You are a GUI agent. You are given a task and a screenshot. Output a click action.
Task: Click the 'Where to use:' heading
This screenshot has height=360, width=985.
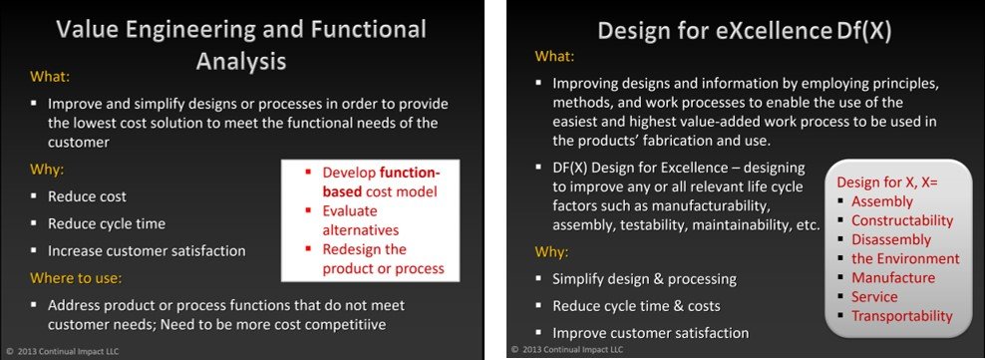77,278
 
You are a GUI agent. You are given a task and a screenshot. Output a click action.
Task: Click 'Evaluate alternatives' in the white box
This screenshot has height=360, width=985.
368,219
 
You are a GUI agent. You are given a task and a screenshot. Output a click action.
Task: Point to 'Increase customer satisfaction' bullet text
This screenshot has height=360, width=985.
148,250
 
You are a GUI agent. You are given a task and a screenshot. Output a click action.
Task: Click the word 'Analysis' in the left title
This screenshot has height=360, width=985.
240,61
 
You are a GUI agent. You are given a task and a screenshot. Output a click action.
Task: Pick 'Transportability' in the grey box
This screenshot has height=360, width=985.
901,316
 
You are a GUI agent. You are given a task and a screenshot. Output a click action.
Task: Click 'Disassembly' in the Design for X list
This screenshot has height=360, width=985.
890,239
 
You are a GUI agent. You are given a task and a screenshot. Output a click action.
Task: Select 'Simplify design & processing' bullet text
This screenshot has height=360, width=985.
644,278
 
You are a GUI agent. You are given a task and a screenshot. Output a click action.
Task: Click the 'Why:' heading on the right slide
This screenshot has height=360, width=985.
553,251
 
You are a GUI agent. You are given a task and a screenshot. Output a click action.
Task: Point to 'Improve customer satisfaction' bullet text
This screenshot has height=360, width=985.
650,332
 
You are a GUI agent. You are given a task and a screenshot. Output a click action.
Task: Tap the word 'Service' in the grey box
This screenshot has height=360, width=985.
874,296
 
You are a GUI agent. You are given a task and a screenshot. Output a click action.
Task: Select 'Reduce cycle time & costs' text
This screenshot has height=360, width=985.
636,305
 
